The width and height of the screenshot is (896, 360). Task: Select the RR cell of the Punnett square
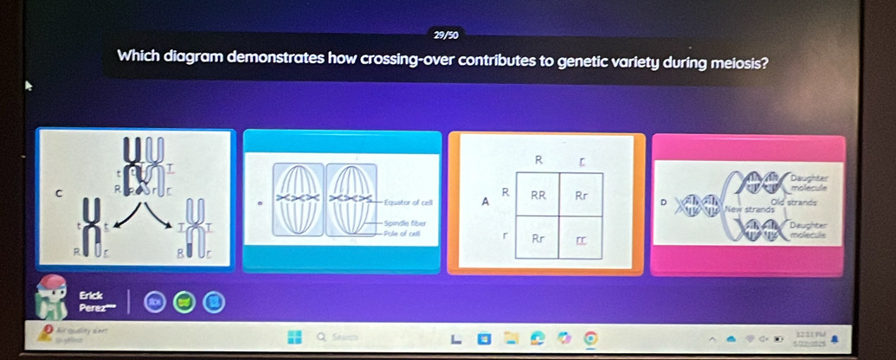click(538, 195)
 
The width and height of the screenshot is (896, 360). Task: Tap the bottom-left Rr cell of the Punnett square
click(538, 236)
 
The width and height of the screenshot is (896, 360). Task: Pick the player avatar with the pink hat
click(53, 299)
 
